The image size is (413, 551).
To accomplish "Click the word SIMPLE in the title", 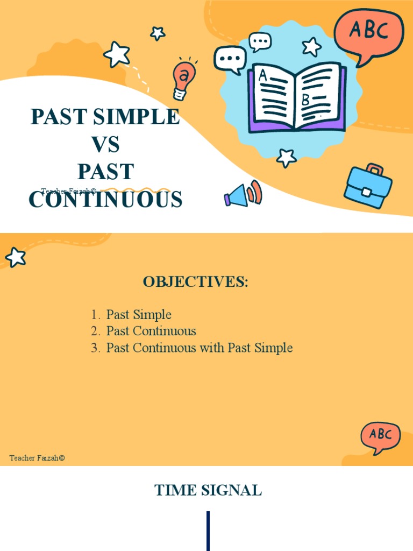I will tap(142, 117).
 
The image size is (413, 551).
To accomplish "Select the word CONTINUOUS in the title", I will tap(105, 200).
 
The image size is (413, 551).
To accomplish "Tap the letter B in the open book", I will tap(305, 100).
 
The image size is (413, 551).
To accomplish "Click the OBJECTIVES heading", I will tap(196, 282).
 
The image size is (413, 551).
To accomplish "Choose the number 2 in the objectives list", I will tap(95, 331).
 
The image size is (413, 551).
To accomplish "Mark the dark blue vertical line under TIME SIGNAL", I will tap(208, 531).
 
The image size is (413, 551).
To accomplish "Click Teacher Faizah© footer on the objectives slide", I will tap(37, 458).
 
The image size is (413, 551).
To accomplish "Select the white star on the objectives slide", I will tap(16, 257).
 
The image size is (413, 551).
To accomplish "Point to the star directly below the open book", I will tap(286, 158).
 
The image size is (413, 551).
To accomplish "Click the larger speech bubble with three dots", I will tap(230, 59).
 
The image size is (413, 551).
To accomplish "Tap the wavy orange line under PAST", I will tap(134, 190).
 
